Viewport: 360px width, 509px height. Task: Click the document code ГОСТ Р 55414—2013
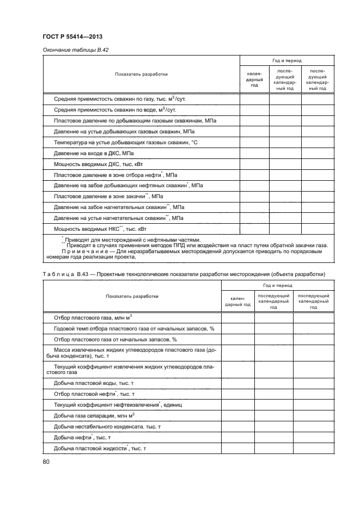pos(73,37)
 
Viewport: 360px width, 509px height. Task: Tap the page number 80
pos(46,462)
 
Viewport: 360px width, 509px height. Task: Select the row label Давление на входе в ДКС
pos(94,154)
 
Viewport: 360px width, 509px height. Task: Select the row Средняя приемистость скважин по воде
pos(117,110)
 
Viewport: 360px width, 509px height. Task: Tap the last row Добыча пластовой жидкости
pos(101,448)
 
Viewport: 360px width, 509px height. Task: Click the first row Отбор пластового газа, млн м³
pos(94,317)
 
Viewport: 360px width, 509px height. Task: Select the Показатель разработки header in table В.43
pos(132,296)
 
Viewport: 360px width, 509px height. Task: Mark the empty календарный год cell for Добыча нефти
pos(237,438)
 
